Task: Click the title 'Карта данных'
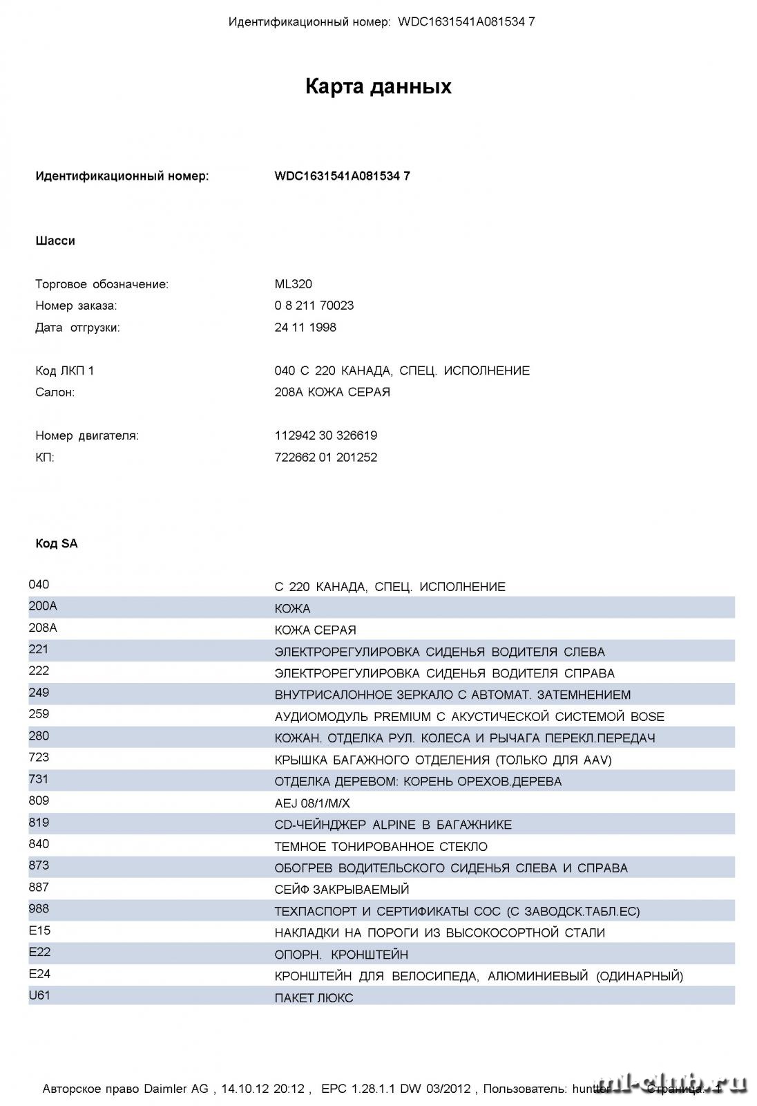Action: (x=378, y=86)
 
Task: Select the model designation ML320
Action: (x=293, y=284)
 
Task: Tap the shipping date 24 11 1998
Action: (x=305, y=328)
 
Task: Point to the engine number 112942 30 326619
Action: (x=325, y=435)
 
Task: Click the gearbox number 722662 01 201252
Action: (x=325, y=458)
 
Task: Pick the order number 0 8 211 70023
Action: (x=314, y=306)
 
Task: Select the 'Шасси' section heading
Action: (x=55, y=241)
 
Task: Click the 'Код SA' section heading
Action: (x=57, y=544)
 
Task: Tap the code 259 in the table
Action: (x=39, y=714)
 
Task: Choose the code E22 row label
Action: (x=39, y=952)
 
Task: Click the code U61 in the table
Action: (x=39, y=995)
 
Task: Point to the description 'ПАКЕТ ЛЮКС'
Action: (x=314, y=998)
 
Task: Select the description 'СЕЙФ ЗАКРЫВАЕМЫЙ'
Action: (x=342, y=890)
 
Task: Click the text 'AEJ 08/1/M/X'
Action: (x=312, y=803)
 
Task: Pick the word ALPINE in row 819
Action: (x=394, y=825)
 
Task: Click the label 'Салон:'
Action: (x=55, y=393)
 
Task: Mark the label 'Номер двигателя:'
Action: (x=87, y=435)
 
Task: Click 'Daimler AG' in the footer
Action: (x=175, y=1089)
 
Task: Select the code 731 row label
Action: (x=39, y=779)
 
